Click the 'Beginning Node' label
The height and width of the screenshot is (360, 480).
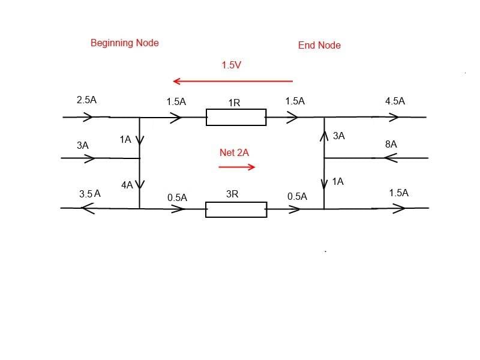coord(124,43)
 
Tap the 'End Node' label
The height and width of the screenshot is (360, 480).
coord(319,45)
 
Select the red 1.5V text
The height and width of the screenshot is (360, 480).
coord(231,65)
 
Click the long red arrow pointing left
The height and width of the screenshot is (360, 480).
coord(232,81)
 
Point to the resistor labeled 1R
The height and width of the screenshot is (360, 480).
coord(236,117)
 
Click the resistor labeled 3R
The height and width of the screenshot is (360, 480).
coord(236,209)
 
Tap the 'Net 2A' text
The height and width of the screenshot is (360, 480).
coord(234,153)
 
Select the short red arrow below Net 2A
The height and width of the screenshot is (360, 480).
coord(237,167)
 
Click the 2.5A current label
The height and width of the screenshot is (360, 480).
coord(86,100)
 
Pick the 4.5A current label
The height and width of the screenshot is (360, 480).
coord(395,101)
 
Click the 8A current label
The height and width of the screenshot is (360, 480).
coord(391,145)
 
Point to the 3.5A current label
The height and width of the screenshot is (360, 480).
coord(89,194)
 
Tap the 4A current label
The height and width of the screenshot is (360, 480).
coord(127,185)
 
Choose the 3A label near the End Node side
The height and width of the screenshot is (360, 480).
coord(338,136)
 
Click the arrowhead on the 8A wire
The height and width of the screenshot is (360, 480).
coord(391,158)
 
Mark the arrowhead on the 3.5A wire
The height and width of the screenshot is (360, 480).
coord(88,208)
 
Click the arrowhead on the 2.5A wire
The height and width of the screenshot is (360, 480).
coord(88,117)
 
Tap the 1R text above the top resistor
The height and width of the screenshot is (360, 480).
coord(234,103)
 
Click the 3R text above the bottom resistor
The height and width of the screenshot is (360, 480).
coord(232,194)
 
